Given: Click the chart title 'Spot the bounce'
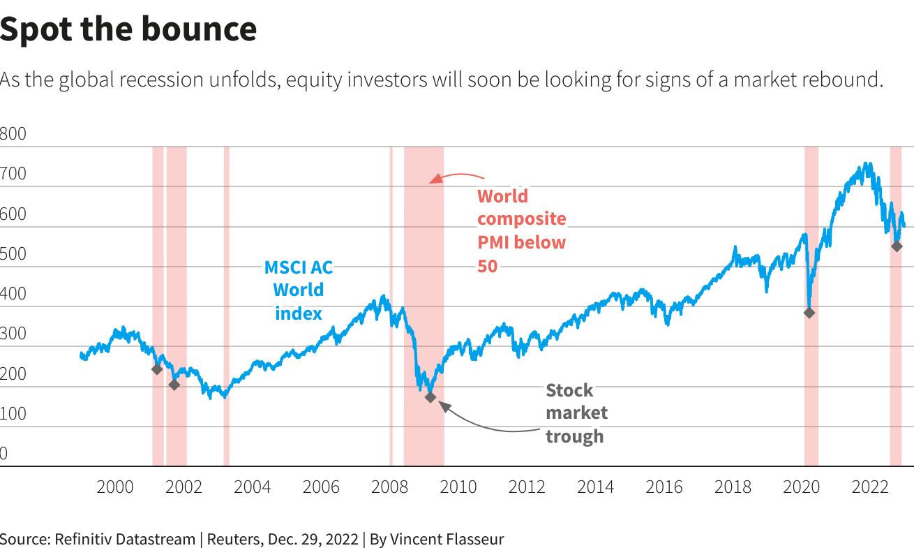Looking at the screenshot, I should pos(128,29).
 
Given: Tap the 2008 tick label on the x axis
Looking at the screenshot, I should pos(389,487).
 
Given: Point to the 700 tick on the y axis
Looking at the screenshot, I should pos(13,174).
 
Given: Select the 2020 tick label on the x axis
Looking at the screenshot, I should pos(801,487).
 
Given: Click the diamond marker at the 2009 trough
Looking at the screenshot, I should pos(430,397).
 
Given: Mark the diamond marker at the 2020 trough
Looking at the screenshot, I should pos(809,313).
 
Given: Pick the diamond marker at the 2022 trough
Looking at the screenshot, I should pos(897,246).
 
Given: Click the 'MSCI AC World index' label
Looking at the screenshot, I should pos(298,290).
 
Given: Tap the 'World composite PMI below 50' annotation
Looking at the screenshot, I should pos(521,230).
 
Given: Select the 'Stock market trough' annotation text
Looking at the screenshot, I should pos(576,413).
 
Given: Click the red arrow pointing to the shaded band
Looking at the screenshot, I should pos(457,177).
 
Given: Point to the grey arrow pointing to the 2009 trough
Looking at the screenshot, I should pos(488,422).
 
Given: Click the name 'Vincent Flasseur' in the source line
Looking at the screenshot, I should pos(447,539).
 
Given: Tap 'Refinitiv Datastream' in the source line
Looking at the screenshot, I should pos(125,539).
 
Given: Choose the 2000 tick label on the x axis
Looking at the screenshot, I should pos(115,487).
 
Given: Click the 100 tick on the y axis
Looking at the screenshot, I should pos(13,414).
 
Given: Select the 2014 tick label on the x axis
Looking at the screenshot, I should pos(595,487).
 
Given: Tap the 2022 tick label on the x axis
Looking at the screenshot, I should pos(869,487).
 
